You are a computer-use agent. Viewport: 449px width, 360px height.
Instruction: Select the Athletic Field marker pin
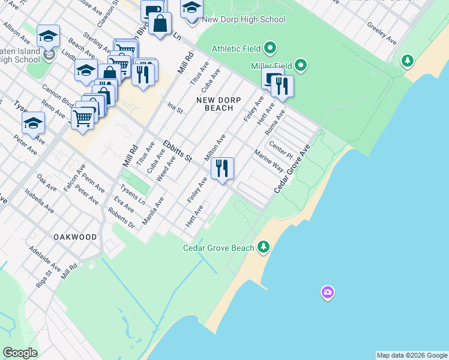(270, 47)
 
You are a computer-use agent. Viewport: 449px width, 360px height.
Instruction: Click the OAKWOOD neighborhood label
(75, 237)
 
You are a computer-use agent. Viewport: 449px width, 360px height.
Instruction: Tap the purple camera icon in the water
(327, 293)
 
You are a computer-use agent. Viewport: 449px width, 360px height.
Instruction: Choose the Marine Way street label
(268, 161)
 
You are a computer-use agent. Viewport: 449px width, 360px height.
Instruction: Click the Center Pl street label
(280, 148)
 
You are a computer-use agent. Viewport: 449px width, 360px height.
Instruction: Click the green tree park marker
(408, 61)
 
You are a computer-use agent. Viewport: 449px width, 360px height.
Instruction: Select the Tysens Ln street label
(133, 192)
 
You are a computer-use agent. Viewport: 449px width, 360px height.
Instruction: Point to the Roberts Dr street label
(121, 218)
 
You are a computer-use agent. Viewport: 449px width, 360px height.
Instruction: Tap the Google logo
(20, 352)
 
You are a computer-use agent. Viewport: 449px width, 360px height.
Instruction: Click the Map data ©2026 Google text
(412, 355)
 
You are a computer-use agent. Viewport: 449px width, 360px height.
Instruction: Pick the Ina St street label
(175, 107)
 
